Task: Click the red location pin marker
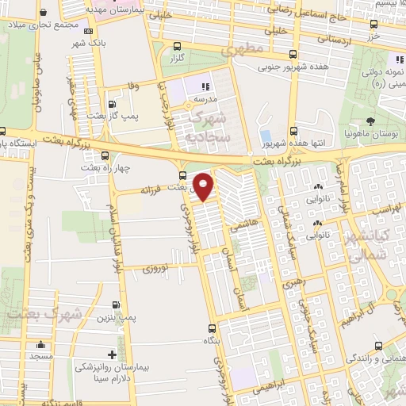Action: [205, 186]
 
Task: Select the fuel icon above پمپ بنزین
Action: [117, 304]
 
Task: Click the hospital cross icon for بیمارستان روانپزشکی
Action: [112, 354]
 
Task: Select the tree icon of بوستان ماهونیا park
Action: [371, 121]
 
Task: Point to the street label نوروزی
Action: [156, 268]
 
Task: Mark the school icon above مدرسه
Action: [205, 86]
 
